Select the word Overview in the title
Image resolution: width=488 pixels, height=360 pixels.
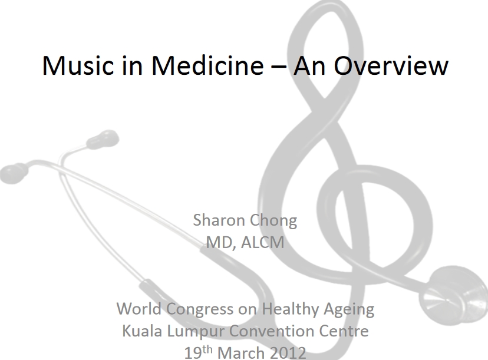click(391, 65)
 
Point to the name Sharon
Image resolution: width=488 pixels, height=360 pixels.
click(219, 221)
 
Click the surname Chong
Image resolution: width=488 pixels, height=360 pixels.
click(273, 221)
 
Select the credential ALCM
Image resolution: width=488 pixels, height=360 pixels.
click(262, 242)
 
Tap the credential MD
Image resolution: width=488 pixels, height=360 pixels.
click(218, 242)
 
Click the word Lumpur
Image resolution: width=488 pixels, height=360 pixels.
click(193, 331)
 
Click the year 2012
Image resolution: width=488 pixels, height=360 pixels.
click(287, 353)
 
